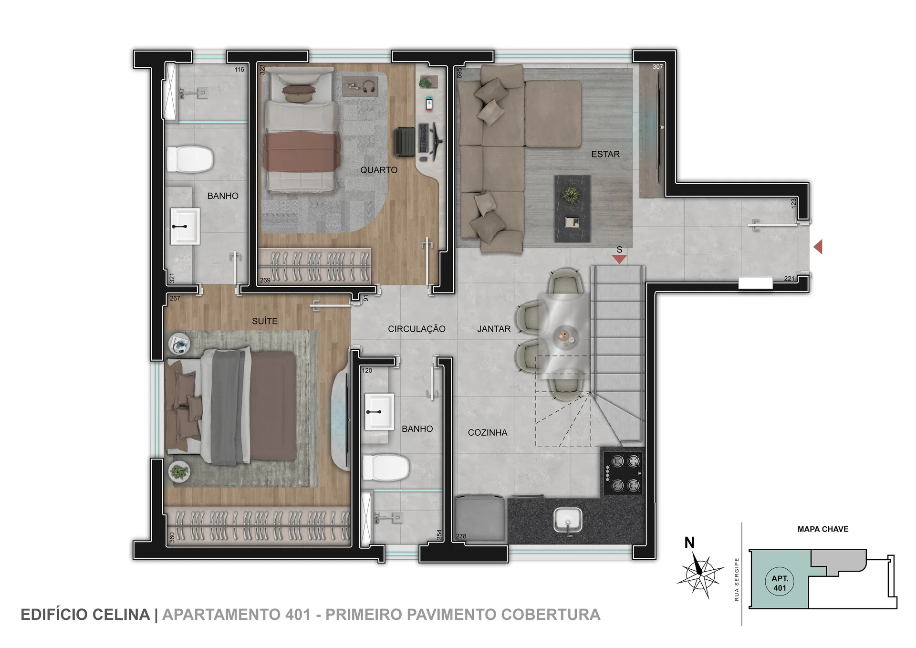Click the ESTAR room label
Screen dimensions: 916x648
pyautogui.click(x=605, y=154)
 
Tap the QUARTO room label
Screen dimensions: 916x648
pyautogui.click(x=379, y=170)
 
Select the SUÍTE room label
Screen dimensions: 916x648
pyautogui.click(x=265, y=321)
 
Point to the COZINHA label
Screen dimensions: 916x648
pyautogui.click(x=488, y=432)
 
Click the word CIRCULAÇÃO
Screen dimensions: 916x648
pyautogui.click(x=416, y=329)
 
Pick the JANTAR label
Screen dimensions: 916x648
pyautogui.click(x=494, y=329)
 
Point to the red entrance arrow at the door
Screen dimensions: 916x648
pyautogui.click(x=818, y=247)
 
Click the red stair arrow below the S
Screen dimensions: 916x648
pyautogui.click(x=619, y=259)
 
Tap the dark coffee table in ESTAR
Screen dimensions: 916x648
pyautogui.click(x=572, y=209)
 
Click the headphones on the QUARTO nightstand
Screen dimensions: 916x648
pyautogui.click(x=368, y=87)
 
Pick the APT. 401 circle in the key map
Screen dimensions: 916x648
pyautogui.click(x=780, y=583)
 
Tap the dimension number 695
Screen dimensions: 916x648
pyautogui.click(x=459, y=73)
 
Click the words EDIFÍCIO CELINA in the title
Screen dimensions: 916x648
pyautogui.click(x=85, y=615)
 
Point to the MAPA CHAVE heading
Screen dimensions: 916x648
pyautogui.click(x=823, y=529)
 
